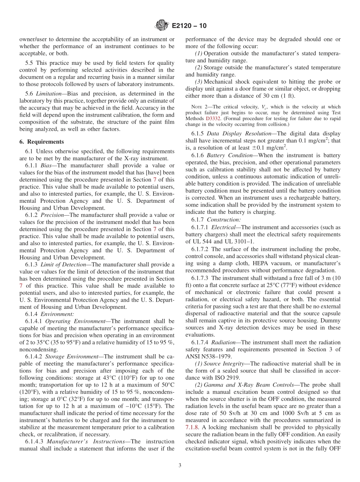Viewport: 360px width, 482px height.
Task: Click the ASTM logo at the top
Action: (x=162, y=26)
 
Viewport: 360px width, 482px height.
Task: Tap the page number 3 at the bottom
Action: (x=180, y=465)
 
